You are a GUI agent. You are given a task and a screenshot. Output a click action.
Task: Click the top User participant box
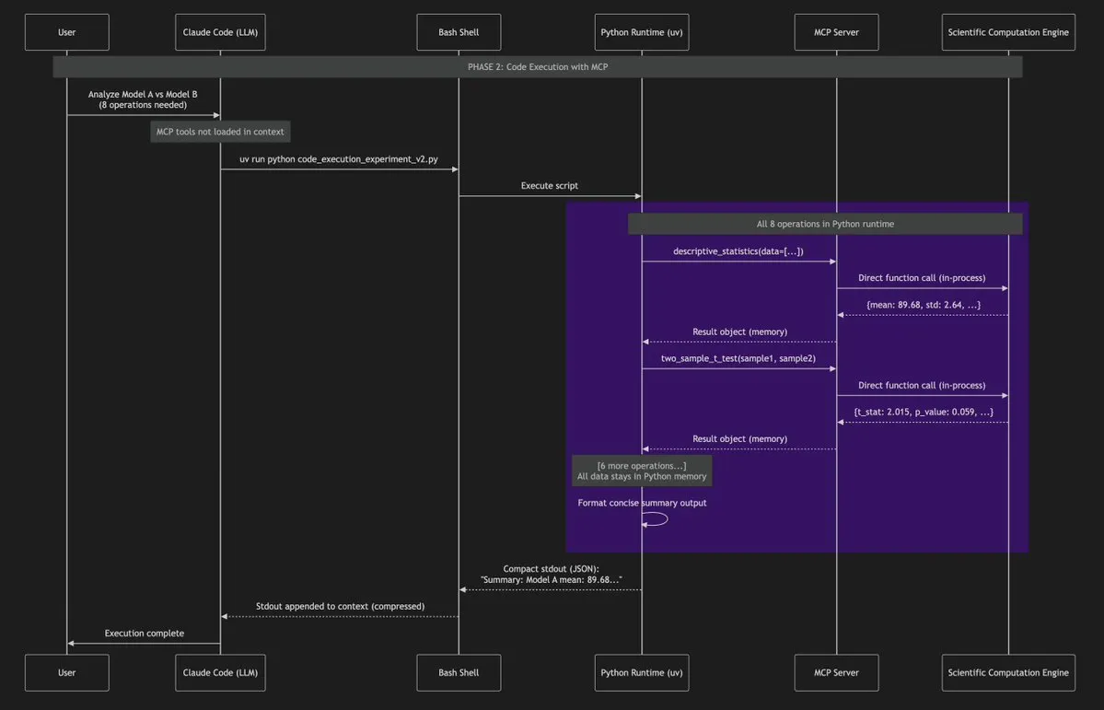point(67,33)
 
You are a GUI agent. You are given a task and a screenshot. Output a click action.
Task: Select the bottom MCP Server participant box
point(836,672)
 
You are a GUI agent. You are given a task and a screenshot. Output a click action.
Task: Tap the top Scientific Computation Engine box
point(1008,33)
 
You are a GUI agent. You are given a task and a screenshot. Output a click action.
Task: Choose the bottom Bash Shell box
point(459,672)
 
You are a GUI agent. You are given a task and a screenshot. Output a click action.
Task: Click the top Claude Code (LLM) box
point(219,33)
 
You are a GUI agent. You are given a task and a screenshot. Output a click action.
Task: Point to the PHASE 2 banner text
point(537,66)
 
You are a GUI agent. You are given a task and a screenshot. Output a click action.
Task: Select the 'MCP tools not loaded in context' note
point(219,132)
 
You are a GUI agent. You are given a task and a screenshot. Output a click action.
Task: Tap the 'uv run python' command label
point(339,159)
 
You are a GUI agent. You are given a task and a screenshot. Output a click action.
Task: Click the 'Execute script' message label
point(550,186)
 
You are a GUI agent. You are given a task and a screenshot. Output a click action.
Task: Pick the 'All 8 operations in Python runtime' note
point(825,224)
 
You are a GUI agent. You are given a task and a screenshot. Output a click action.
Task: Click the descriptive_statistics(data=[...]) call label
point(738,251)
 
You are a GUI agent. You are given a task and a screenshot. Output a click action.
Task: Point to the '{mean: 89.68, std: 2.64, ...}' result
point(923,305)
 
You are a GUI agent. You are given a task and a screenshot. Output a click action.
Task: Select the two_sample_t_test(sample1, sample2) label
point(738,358)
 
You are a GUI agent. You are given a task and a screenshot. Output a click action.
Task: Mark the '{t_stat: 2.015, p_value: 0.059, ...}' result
point(923,412)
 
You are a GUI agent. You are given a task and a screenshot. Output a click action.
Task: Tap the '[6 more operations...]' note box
point(642,471)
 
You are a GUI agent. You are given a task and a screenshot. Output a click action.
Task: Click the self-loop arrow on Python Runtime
point(658,519)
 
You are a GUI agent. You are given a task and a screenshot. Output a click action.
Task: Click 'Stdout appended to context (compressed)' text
point(340,607)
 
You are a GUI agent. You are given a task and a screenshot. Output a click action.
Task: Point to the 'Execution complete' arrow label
point(144,634)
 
